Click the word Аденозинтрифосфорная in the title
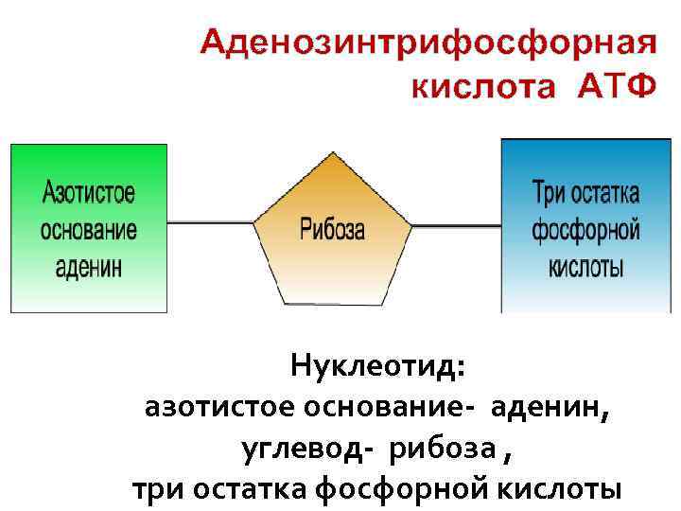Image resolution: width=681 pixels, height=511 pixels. [428, 45]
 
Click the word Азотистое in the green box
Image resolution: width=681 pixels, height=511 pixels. [89, 194]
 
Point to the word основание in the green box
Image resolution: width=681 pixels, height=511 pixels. [89, 230]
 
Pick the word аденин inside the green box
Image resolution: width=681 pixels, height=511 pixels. [89, 266]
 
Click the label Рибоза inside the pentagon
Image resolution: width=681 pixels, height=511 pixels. [332, 229]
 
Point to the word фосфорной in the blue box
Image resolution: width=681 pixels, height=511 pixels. [585, 231]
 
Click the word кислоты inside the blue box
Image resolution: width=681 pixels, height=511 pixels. [585, 266]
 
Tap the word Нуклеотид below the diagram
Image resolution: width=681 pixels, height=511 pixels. [377, 365]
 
